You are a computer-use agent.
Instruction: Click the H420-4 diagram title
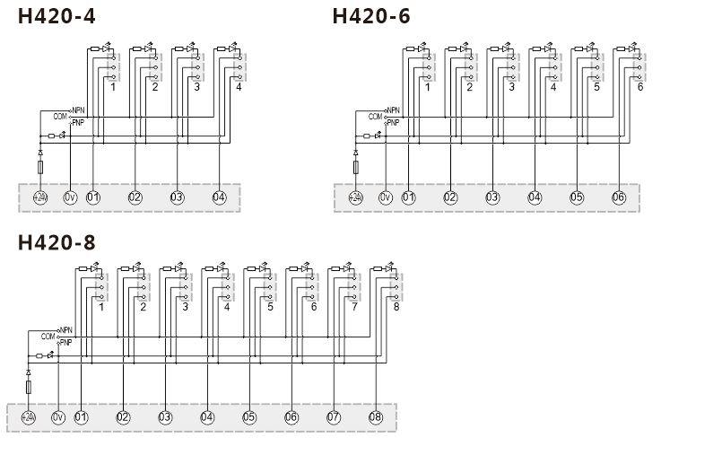(57, 16)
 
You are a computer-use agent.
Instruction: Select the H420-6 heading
(371, 16)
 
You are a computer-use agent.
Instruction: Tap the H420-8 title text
(57, 242)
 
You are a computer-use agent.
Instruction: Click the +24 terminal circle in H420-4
(40, 197)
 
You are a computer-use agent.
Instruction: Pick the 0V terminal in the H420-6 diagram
(386, 197)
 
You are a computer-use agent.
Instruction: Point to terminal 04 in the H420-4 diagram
(219, 197)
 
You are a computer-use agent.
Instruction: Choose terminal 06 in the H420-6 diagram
(619, 197)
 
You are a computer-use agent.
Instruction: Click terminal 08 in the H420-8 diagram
(376, 417)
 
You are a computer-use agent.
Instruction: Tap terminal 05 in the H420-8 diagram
(249, 417)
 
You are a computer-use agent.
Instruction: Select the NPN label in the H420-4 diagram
(78, 110)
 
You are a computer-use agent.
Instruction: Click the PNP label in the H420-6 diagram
(393, 123)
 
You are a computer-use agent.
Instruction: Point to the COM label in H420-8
(48, 337)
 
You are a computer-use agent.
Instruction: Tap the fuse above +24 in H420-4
(40, 167)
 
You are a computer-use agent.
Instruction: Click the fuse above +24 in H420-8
(29, 388)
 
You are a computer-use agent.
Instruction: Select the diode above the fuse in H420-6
(355, 153)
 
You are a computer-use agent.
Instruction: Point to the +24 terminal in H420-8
(29, 417)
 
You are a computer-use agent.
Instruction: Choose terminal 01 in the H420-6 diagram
(408, 197)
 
